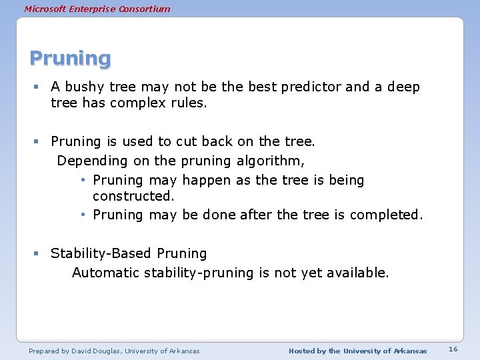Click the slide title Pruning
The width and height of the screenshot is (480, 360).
pyautogui.click(x=70, y=59)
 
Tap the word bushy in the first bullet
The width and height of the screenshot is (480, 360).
pyautogui.click(x=83, y=87)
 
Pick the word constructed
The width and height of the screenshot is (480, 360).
pyautogui.click(x=133, y=196)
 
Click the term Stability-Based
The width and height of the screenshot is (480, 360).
pyautogui.click(x=101, y=253)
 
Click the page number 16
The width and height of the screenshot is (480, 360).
pyautogui.click(x=453, y=350)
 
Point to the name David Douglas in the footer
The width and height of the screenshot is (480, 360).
pyautogui.click(x=93, y=351)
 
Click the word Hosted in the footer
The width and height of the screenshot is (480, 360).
pyautogui.click(x=301, y=351)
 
